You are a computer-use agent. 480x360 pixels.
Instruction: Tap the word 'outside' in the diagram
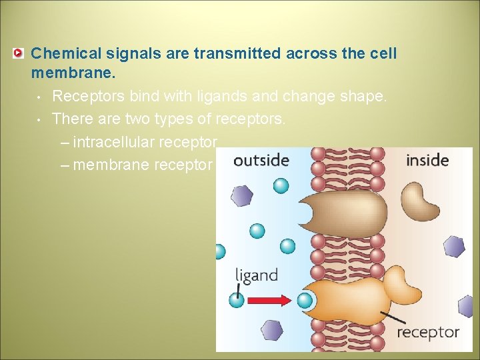click(x=261, y=161)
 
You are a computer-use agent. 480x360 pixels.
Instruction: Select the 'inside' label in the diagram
click(x=427, y=161)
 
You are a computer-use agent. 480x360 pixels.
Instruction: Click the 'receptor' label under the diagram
click(x=428, y=332)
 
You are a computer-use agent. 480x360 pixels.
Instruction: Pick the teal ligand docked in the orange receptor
click(x=305, y=300)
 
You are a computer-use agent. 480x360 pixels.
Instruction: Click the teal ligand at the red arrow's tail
click(x=237, y=300)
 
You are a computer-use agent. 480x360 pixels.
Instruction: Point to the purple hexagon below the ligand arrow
click(x=272, y=330)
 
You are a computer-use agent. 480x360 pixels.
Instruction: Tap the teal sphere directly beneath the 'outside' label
click(x=281, y=185)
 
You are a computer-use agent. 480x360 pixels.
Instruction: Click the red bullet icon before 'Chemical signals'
click(x=19, y=53)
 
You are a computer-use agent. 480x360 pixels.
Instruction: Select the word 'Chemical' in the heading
click(x=63, y=53)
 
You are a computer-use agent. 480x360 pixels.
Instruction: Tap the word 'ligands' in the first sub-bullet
click(x=203, y=96)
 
